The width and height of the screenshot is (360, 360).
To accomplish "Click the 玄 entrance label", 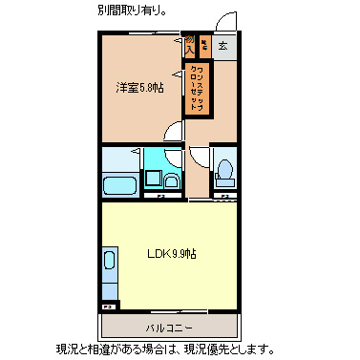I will tap(222, 45).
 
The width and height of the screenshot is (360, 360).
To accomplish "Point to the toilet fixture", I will tap(224, 171).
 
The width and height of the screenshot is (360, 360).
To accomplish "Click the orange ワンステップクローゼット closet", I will tap(198, 87).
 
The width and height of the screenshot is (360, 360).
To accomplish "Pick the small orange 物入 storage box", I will tap(190, 45).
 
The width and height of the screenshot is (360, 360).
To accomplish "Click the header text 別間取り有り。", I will tap(136, 11).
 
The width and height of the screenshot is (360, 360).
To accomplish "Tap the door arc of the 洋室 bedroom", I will tap(173, 134).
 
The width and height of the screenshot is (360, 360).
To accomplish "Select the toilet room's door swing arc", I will tap(199, 159).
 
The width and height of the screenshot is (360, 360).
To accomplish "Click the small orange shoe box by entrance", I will tap(203, 44).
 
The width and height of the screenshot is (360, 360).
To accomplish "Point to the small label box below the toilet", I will tap(223, 197).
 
